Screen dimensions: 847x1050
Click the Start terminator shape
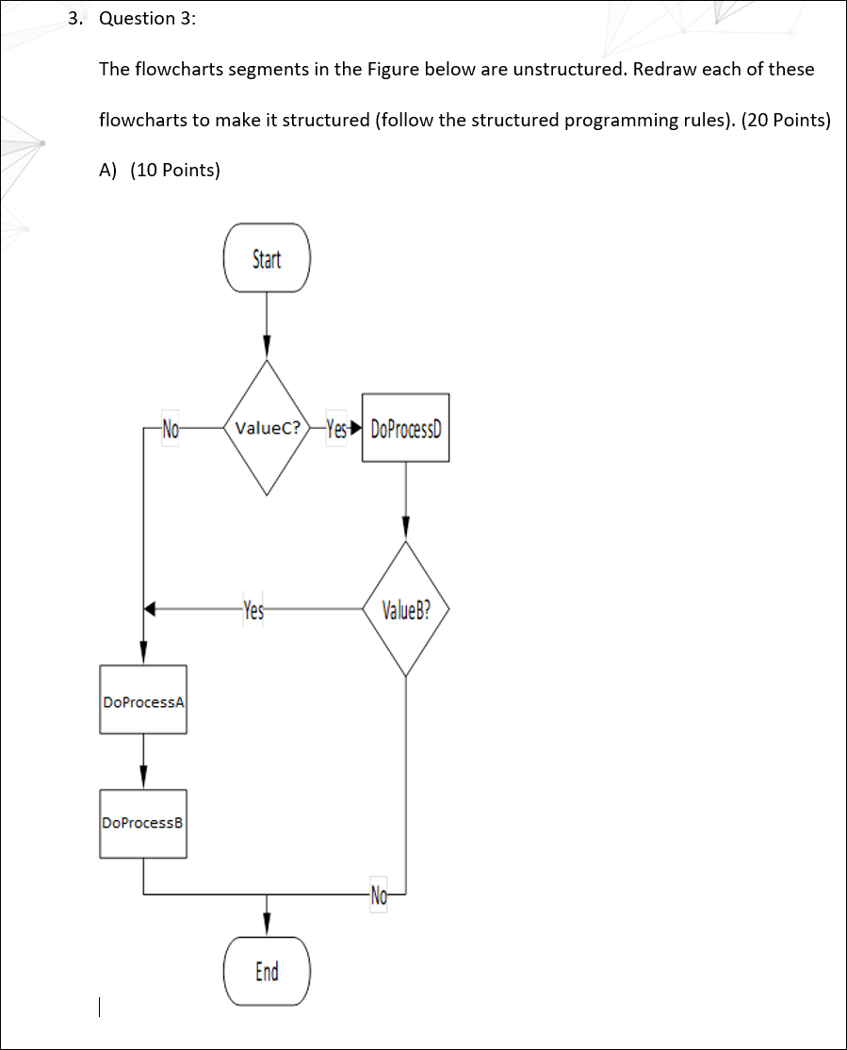tap(267, 258)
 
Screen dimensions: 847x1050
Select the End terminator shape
tap(267, 971)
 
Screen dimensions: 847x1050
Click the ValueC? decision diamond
tap(267, 427)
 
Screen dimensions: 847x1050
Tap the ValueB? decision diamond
tap(406, 609)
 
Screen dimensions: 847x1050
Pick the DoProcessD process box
tap(406, 428)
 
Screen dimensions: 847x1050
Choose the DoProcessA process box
tap(143, 699)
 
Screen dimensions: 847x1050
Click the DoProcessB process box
tap(143, 824)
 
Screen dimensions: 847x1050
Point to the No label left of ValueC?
tap(171, 428)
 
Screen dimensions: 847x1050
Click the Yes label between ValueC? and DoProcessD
tap(336, 428)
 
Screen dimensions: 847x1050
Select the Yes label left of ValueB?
tap(253, 610)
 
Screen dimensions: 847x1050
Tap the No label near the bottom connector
tap(379, 894)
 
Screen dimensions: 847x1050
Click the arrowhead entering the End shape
tap(267, 924)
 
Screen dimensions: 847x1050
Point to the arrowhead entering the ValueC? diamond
tap(267, 347)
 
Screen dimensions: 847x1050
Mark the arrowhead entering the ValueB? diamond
tap(406, 528)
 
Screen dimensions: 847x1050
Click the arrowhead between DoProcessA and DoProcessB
tap(143, 777)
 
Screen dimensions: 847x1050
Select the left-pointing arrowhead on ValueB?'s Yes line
tap(150, 609)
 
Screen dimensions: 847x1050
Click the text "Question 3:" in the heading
tap(148, 18)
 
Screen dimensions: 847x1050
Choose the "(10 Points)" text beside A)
tap(175, 170)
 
